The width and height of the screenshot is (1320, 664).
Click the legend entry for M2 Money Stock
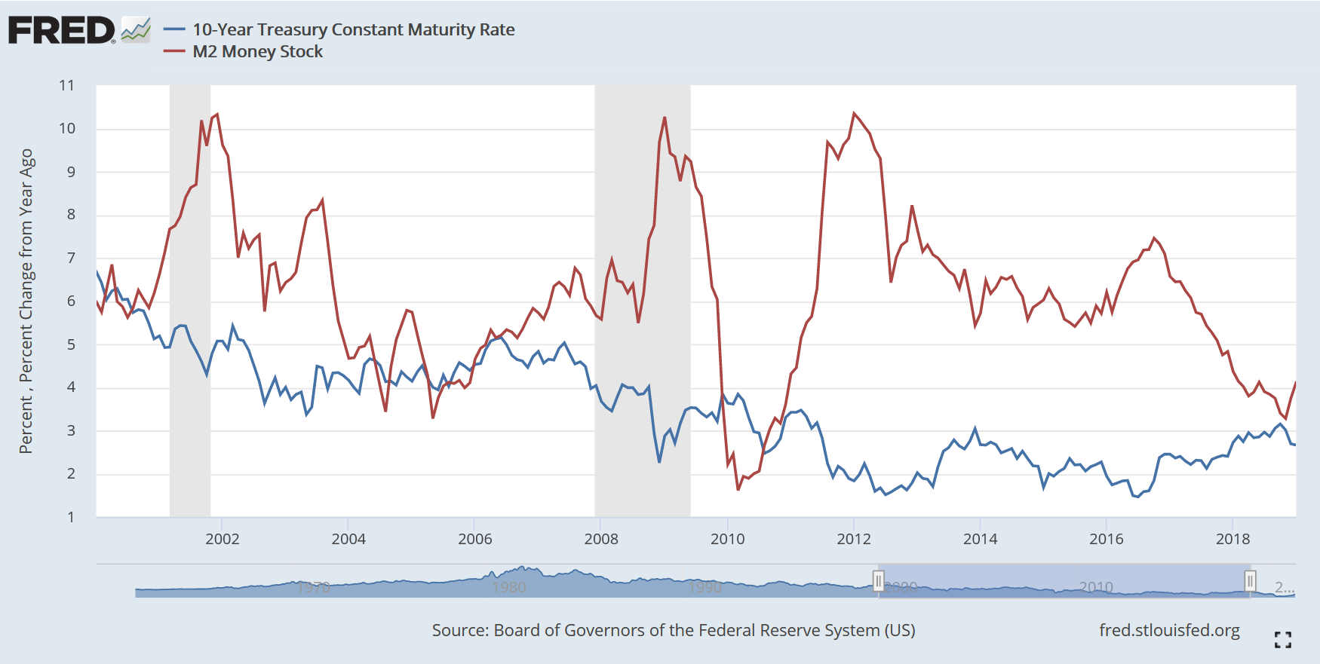point(257,52)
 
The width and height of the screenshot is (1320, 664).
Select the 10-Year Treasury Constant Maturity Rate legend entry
point(353,30)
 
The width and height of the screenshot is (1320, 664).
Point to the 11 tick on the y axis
point(67,86)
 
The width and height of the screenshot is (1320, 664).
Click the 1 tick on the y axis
point(71,518)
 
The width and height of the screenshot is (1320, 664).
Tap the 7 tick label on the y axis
point(71,259)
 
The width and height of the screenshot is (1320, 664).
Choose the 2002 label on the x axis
point(222,539)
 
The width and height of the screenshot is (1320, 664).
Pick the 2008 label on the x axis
point(601,539)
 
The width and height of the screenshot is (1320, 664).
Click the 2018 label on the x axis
point(1233,539)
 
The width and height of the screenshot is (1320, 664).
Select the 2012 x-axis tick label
point(854,539)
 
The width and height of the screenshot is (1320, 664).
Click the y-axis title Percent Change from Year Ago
point(26,301)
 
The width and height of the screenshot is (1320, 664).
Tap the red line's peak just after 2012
point(854,114)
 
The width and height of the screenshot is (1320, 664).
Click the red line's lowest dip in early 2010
point(738,489)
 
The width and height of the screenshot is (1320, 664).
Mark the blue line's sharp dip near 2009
point(659,461)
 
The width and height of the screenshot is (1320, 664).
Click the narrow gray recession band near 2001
point(190,301)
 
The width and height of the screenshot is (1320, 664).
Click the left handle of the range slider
point(879,581)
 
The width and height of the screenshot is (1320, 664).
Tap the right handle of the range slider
point(1250,581)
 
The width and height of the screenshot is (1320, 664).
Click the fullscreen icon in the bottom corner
point(1282,640)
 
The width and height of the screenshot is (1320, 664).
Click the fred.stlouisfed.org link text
point(1169,630)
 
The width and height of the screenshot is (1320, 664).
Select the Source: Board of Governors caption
point(673,630)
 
